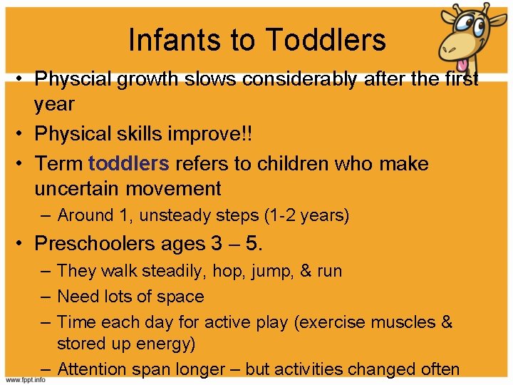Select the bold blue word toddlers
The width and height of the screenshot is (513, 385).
129,163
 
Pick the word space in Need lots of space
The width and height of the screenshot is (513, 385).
182,296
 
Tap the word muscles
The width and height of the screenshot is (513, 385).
394,322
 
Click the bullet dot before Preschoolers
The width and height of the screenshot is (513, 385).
23,244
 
